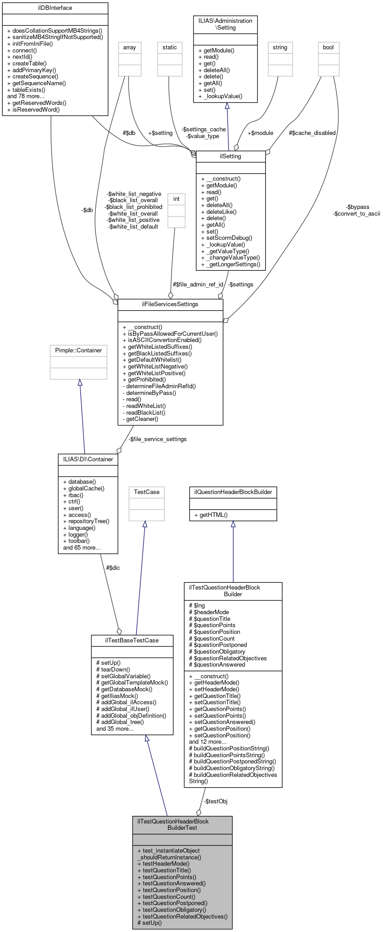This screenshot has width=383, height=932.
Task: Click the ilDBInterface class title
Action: click(x=55, y=8)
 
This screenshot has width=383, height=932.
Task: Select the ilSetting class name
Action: click(x=231, y=156)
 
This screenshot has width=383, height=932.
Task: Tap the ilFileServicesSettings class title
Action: click(x=170, y=304)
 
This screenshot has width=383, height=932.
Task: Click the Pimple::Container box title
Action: click(x=78, y=350)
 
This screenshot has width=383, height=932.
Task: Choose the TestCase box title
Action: click(x=146, y=492)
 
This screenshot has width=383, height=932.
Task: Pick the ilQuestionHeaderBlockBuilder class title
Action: click(x=233, y=492)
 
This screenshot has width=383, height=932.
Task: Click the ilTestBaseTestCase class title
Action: click(x=132, y=640)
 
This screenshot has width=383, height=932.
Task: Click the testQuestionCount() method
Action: click(x=166, y=896)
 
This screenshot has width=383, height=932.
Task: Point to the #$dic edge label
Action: click(x=113, y=568)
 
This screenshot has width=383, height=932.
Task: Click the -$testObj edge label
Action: click(x=215, y=801)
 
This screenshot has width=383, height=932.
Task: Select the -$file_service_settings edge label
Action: click(x=157, y=439)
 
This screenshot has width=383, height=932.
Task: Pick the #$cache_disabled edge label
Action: click(x=312, y=133)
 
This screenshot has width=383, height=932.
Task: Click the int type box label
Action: click(x=176, y=199)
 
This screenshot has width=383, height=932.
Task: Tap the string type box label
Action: click(x=280, y=47)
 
